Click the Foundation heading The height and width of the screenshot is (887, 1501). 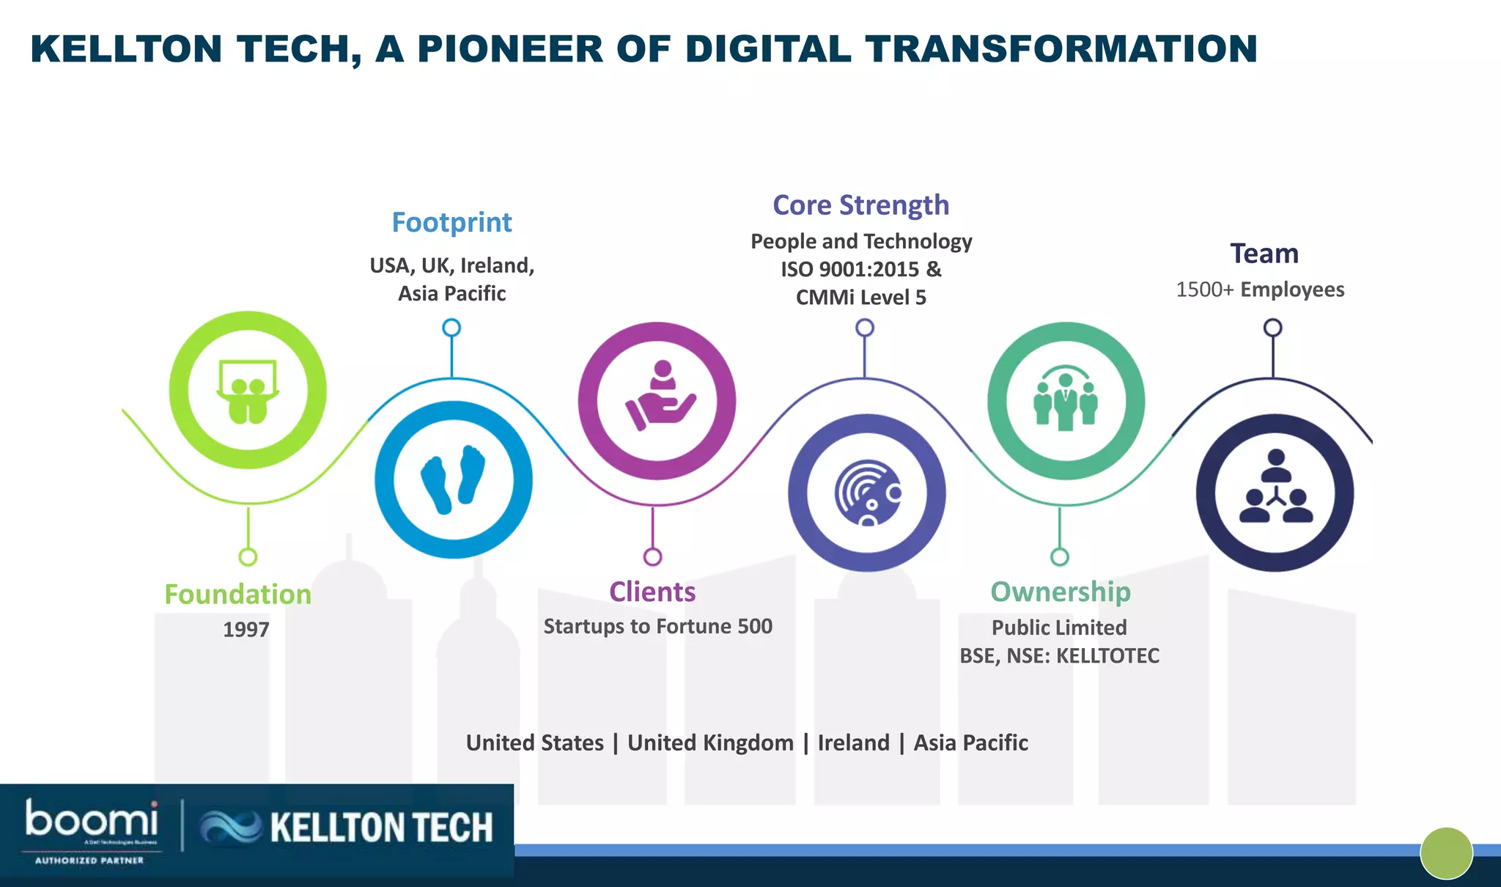[x=237, y=594]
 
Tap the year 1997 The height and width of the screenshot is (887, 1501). [x=246, y=629]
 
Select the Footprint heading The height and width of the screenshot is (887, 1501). [x=451, y=222]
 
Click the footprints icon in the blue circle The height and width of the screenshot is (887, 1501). [x=453, y=479]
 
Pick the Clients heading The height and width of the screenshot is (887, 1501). [x=652, y=592]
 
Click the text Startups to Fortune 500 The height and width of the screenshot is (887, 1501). [x=657, y=626]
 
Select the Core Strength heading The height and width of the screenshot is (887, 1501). [x=860, y=205]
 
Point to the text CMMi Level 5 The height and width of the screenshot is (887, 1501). [x=860, y=297]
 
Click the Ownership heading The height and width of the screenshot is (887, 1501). [x=1060, y=592]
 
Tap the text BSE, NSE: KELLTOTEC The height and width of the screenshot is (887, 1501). [x=1059, y=655]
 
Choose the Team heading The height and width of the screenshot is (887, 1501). [x=1264, y=254]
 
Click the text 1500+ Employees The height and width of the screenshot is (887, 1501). [x=1260, y=290]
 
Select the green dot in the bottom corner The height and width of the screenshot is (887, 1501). [x=1446, y=853]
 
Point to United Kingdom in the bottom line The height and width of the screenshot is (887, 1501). [x=710, y=743]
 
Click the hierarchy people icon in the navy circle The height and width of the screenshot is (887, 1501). [x=1275, y=487]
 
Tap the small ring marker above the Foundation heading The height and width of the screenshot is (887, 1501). [x=248, y=556]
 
